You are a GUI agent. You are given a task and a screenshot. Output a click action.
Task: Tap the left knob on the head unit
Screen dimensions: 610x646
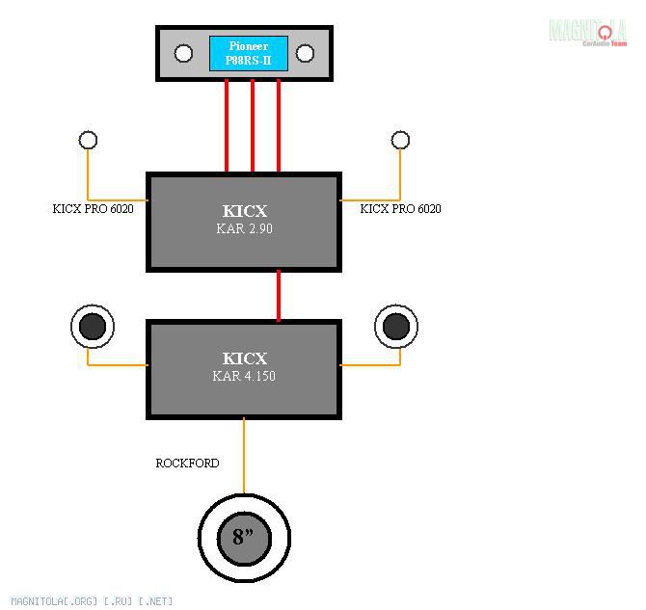point(183,53)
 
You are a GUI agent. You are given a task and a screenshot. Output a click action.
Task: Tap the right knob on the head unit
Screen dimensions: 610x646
point(305,53)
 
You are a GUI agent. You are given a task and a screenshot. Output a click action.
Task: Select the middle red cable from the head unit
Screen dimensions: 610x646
point(253,126)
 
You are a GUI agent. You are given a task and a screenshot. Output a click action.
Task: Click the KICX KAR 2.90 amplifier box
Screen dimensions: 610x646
point(244,222)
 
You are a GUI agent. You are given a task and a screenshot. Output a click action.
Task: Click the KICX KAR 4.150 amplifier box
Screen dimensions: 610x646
point(244,368)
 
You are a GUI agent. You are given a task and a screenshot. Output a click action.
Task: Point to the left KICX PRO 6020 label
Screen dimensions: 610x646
point(94,208)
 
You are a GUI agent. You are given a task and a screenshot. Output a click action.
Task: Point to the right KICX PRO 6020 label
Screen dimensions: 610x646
point(400,208)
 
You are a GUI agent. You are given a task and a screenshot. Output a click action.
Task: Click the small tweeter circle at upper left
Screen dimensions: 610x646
point(88,141)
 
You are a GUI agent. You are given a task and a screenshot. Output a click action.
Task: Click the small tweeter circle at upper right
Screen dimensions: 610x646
point(400,141)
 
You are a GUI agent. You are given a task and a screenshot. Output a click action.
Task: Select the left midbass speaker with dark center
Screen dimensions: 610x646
point(93,328)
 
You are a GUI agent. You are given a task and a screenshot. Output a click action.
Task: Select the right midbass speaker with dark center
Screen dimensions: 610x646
point(395,328)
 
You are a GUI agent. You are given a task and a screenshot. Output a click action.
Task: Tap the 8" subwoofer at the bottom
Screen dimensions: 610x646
point(244,537)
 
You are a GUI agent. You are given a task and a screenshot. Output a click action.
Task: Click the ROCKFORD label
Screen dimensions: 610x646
point(187,464)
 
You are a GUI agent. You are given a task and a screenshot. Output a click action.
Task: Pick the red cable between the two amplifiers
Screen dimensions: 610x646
point(279,295)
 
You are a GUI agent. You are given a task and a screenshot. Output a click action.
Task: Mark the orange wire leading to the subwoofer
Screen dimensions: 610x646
point(244,455)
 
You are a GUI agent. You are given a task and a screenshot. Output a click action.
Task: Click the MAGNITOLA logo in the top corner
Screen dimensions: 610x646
point(587,32)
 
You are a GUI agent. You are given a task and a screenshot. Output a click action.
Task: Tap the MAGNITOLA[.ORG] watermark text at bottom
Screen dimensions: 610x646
point(93,601)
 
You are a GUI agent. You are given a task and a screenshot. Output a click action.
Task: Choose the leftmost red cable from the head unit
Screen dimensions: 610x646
point(227,126)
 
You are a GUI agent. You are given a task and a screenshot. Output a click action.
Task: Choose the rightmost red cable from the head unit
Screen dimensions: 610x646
point(279,126)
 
